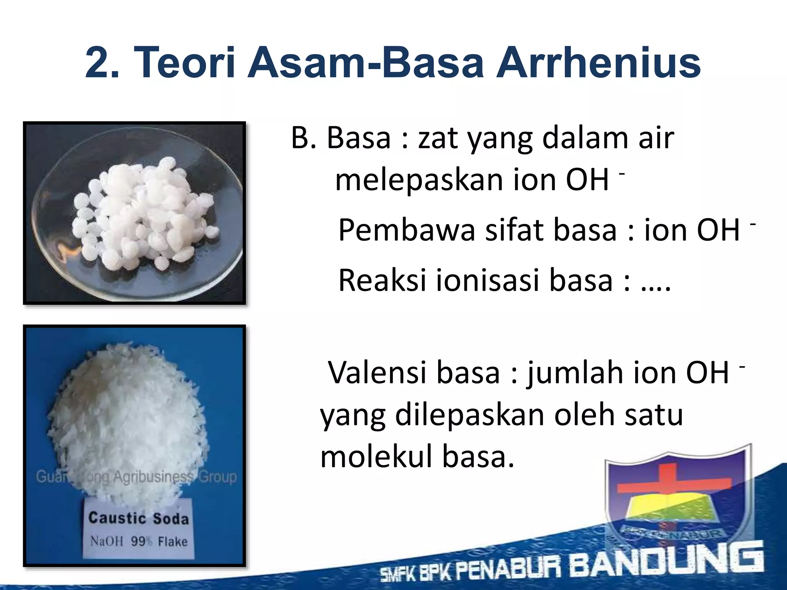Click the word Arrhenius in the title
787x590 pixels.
(598, 63)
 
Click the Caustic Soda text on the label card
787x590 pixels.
(139, 518)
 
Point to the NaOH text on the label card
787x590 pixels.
(107, 541)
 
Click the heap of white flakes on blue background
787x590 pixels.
(127, 419)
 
